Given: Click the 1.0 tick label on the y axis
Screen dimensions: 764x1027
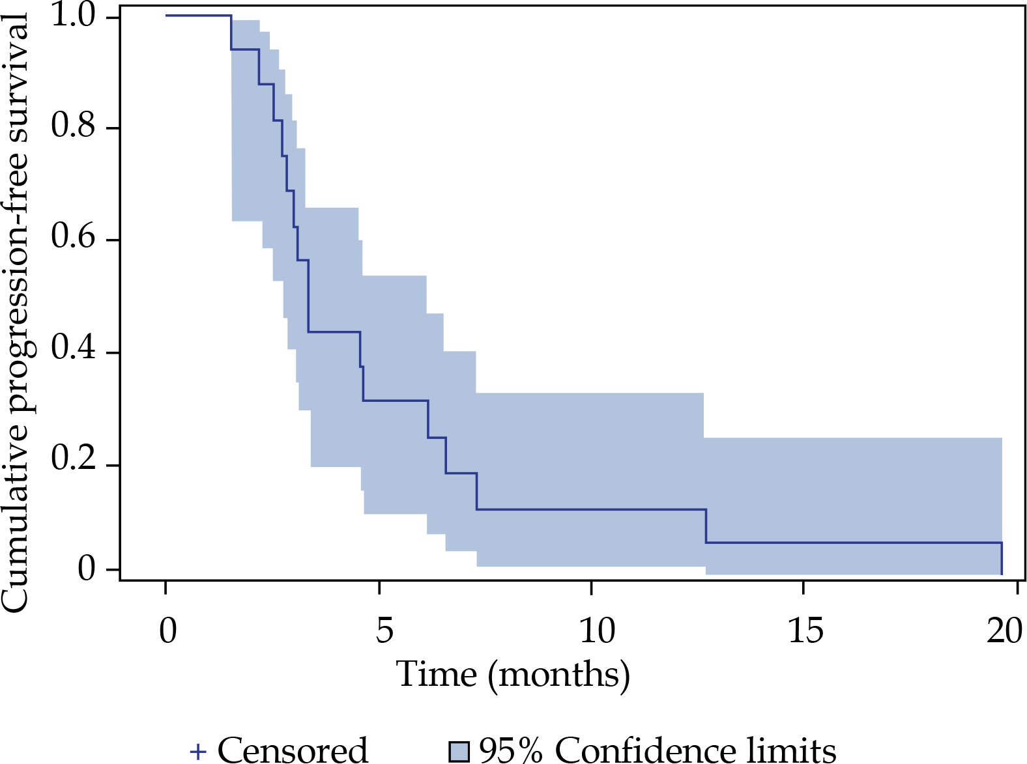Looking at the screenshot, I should [x=74, y=16].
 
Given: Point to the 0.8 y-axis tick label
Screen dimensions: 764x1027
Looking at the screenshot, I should [x=74, y=126].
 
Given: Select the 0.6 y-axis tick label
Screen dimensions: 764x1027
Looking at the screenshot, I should [x=74, y=238].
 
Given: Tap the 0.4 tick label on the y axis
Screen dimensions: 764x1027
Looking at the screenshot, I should [x=74, y=350].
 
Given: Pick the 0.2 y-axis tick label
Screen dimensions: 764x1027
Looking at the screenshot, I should [x=74, y=460].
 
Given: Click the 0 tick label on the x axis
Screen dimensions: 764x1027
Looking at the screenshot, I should [x=167, y=630].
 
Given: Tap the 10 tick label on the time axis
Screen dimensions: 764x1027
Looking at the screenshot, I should [x=596, y=630].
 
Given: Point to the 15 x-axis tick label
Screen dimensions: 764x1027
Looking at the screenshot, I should [x=805, y=630].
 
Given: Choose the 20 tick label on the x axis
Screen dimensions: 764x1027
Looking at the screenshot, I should [x=1004, y=630].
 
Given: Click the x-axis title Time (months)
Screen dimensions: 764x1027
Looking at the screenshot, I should [x=513, y=674].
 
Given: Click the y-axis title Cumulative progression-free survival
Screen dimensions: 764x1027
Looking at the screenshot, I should [x=16, y=313].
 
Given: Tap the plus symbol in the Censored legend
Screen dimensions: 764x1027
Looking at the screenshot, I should [x=198, y=752].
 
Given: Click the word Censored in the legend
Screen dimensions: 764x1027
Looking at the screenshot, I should [x=293, y=750].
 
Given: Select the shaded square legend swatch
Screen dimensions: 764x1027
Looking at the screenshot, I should [x=459, y=752].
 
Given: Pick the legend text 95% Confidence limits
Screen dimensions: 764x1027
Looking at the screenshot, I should [x=657, y=750].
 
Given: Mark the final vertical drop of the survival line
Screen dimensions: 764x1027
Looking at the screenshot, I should [x=1002, y=559].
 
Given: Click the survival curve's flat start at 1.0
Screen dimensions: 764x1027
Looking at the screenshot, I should [x=199, y=15].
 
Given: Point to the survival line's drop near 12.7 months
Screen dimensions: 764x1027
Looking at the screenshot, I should [x=706, y=526].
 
